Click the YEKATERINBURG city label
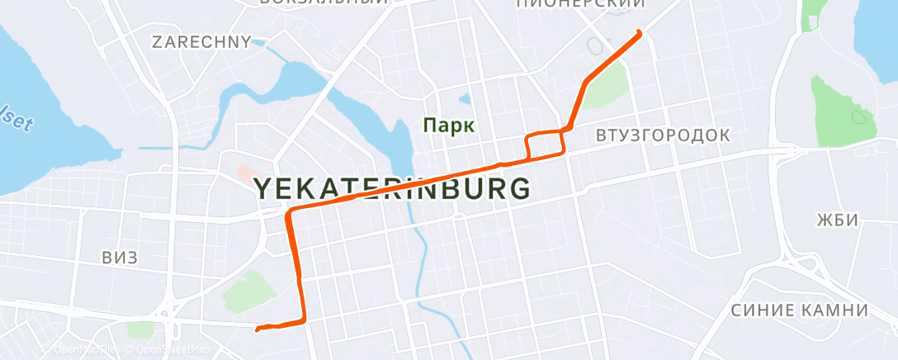click(x=392, y=188)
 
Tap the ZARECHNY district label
click(x=201, y=42)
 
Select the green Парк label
click(x=448, y=126)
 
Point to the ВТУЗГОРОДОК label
click(x=663, y=135)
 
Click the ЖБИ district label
click(x=838, y=220)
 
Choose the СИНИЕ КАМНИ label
click(x=800, y=310)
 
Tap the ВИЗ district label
click(x=120, y=258)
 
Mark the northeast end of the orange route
click(x=639, y=32)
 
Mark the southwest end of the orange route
click(x=258, y=329)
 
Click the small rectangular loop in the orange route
click(x=546, y=144)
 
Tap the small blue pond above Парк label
click(x=465, y=101)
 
